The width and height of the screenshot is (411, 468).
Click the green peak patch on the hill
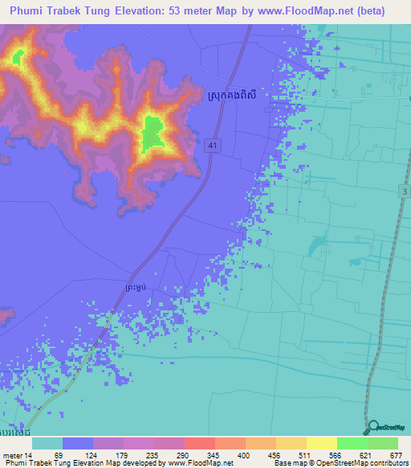153,133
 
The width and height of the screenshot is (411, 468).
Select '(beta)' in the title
369,11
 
